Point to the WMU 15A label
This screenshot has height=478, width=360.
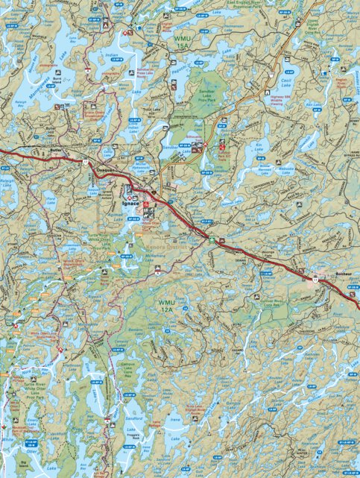click(x=183, y=41)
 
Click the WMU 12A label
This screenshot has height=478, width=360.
click(x=167, y=305)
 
